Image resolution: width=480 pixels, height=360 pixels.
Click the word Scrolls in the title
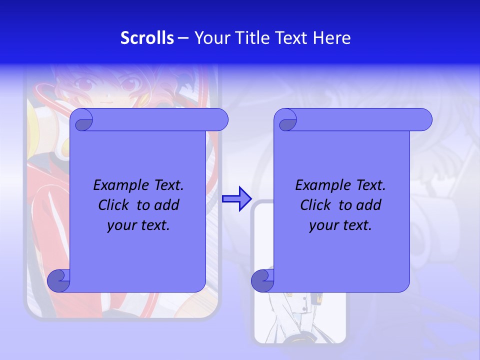pyautogui.click(x=147, y=38)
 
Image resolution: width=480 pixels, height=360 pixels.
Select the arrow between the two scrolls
pyautogui.click(x=236, y=198)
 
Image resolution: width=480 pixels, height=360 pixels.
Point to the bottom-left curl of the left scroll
pyautogui.click(x=59, y=280)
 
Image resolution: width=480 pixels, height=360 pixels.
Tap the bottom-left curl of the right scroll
pyautogui.click(x=262, y=280)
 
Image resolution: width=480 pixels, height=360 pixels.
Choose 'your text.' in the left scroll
pyautogui.click(x=138, y=225)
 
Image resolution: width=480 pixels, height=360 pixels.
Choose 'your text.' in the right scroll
pyautogui.click(x=340, y=225)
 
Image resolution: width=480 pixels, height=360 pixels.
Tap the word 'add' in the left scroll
pyautogui.click(x=167, y=205)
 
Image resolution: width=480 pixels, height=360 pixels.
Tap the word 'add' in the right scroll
pyautogui.click(x=369, y=205)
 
